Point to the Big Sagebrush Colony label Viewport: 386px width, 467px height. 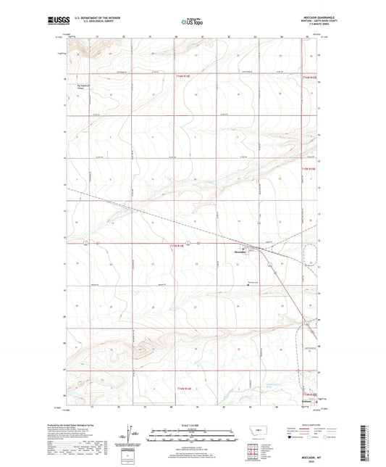(x=86, y=86)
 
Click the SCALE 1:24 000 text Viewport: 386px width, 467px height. (x=193, y=425)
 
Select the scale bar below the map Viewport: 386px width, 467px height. (x=193, y=437)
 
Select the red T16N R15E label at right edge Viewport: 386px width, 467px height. (x=311, y=76)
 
